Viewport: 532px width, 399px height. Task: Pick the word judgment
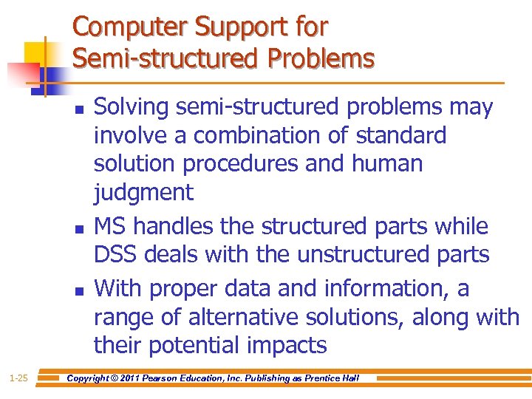(x=143, y=193)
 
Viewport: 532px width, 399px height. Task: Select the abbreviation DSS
(x=116, y=255)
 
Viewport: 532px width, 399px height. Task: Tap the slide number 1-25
(x=18, y=378)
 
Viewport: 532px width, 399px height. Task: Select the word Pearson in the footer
(x=167, y=378)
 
